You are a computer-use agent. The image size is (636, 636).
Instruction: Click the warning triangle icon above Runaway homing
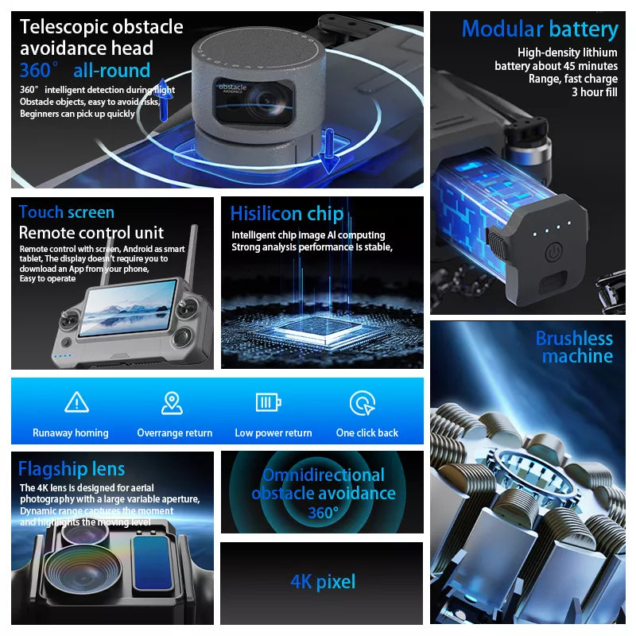[x=76, y=402]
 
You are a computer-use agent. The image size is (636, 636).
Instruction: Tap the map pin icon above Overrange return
[x=172, y=403]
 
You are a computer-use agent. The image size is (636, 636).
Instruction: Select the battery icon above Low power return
[x=269, y=402]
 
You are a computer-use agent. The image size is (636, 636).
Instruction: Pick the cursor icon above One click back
[x=363, y=403]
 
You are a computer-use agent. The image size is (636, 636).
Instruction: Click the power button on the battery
[x=553, y=251]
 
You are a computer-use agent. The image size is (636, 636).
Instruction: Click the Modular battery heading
[x=540, y=29]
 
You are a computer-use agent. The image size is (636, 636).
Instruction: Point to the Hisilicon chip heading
[x=287, y=214]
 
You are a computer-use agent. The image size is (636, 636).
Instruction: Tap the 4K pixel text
[x=323, y=581]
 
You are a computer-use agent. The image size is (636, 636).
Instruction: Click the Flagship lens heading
[x=72, y=468]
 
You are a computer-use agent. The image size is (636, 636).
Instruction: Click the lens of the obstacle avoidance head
[x=266, y=100]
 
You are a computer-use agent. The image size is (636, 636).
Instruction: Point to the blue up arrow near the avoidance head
[x=163, y=100]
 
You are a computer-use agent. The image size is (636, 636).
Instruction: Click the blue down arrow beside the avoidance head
[x=329, y=150]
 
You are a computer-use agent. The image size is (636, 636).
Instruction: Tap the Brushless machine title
[x=574, y=347]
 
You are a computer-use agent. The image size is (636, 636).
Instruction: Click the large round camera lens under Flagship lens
[x=83, y=570]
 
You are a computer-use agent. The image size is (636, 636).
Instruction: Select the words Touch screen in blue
[x=67, y=212]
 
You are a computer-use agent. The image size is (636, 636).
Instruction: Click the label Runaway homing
[x=71, y=432]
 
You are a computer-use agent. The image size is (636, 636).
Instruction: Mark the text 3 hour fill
[x=595, y=92]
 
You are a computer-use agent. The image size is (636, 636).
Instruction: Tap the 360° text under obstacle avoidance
[x=324, y=513]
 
